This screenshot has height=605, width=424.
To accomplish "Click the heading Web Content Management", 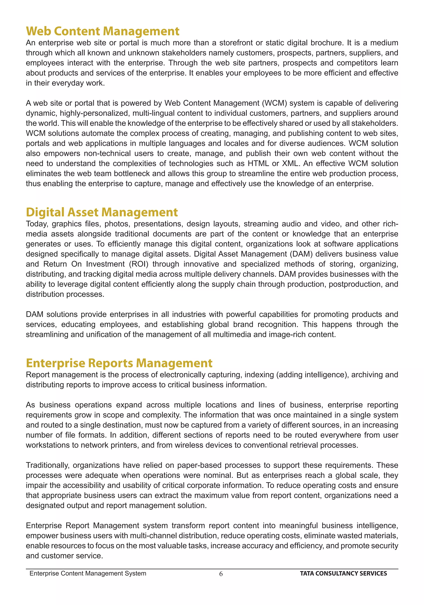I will tap(102, 31).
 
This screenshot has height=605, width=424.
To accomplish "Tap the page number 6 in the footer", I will tap(221, 574).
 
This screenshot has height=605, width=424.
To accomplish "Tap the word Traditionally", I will tap(47, 465).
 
